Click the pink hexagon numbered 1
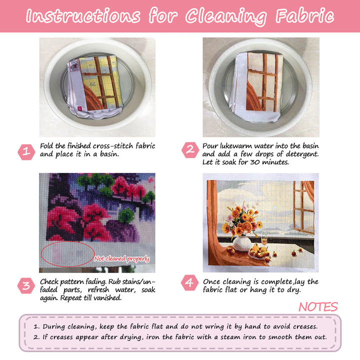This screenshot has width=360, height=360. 26,150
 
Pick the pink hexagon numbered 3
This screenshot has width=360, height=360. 26,286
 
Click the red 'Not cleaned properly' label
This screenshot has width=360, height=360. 122,259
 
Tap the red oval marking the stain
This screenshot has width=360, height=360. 68,254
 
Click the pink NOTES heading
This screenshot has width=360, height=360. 318,307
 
